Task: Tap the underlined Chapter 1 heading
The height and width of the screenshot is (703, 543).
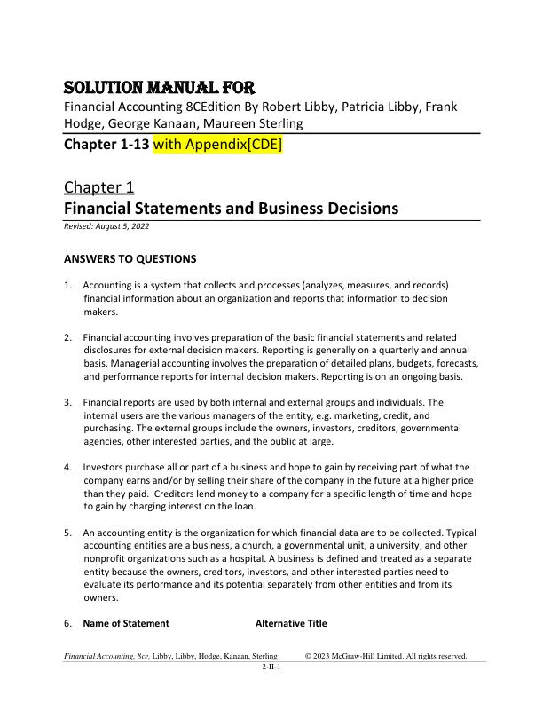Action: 98,186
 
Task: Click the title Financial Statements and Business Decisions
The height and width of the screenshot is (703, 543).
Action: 231,209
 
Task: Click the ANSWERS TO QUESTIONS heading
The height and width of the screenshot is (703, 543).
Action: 130,259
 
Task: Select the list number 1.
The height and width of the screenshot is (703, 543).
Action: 68,285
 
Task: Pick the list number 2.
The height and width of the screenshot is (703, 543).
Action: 68,338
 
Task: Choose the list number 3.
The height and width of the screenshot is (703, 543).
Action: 68,402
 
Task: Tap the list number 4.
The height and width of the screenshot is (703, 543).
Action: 68,467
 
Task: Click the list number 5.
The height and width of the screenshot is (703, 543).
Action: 68,533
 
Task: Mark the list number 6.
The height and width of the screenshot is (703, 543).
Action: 68,623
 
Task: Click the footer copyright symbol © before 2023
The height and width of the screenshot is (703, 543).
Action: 309,656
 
